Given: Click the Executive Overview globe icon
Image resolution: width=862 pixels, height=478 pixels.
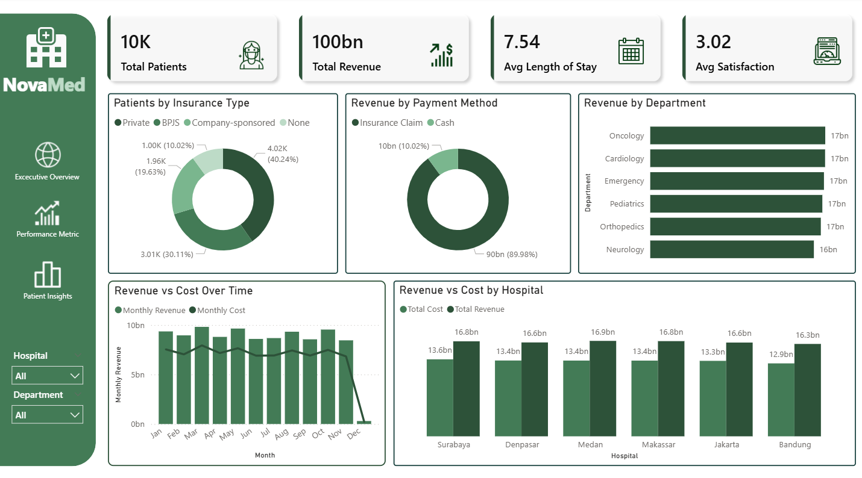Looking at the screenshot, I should coord(48,155).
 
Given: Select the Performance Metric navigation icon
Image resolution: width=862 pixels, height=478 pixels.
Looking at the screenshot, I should coord(48,214).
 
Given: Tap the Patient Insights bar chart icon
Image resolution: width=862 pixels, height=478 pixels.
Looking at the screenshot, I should coord(48,275).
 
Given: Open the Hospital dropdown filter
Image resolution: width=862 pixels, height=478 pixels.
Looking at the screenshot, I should coord(48,376).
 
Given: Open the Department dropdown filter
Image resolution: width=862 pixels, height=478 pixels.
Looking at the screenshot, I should coord(48,415).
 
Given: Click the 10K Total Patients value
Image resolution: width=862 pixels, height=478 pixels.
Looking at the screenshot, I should coord(136,42).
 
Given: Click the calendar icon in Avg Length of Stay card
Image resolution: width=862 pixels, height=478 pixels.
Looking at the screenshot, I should coord(631,51).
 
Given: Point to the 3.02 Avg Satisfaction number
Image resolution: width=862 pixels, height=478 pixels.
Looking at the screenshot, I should coord(713,42).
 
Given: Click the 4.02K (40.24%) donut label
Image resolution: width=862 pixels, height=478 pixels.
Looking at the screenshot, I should coord(282,154).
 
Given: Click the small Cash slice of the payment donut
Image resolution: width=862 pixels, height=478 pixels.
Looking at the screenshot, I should coord(445,161).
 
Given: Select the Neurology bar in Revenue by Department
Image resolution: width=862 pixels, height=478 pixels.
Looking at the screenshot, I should coord(732,249).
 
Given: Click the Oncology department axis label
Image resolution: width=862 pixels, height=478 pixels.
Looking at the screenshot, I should coord(626,136).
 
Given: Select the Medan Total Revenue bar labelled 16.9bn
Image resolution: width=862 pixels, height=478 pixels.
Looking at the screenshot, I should coord(603,388).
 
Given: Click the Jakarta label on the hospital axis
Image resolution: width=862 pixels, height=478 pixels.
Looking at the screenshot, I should coord(727,445).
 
